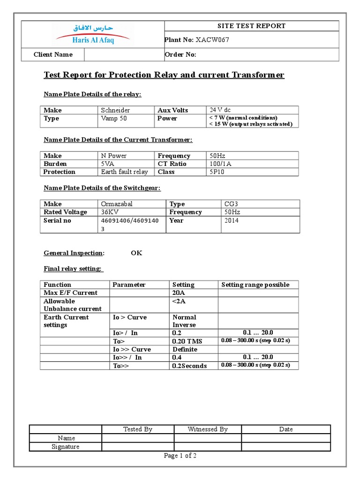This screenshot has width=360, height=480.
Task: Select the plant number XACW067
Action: (x=212, y=40)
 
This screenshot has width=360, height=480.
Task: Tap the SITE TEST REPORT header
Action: (x=251, y=26)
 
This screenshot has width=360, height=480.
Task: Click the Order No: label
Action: (x=180, y=55)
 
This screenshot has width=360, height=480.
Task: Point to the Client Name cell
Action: (x=53, y=55)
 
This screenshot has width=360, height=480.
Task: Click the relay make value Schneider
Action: (x=115, y=110)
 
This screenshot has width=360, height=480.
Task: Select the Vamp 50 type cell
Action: (x=114, y=119)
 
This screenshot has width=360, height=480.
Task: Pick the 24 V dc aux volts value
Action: (x=220, y=110)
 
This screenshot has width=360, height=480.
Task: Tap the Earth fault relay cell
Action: (x=124, y=172)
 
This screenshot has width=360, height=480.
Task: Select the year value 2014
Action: (x=232, y=220)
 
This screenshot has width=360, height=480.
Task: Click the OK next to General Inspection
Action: (x=136, y=253)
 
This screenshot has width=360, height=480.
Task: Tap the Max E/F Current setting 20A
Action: (x=179, y=293)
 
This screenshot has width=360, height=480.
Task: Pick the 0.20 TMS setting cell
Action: (x=186, y=341)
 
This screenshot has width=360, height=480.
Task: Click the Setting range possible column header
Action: (x=255, y=285)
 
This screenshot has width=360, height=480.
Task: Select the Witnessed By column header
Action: (x=208, y=429)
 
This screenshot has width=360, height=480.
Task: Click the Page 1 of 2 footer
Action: (x=180, y=456)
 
